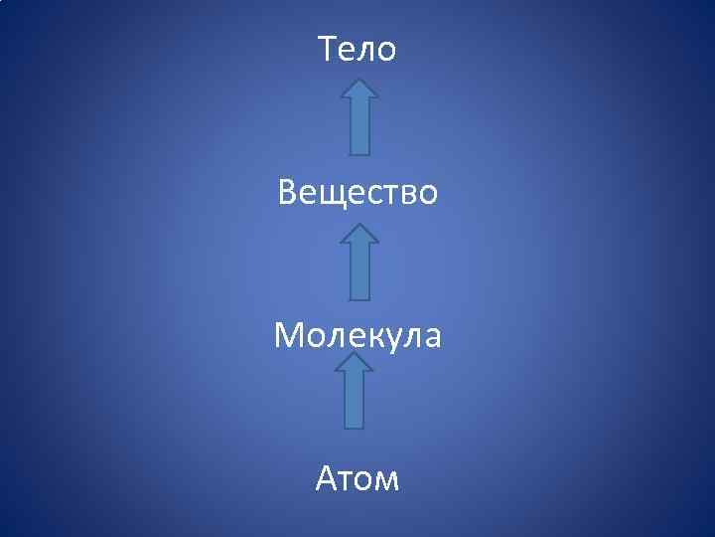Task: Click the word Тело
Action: (x=357, y=49)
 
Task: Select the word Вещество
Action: (x=357, y=192)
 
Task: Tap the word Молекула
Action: (x=357, y=336)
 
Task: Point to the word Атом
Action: (x=357, y=480)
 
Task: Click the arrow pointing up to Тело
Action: (x=359, y=117)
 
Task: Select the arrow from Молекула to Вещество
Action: (x=359, y=262)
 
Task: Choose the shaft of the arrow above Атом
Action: (x=355, y=403)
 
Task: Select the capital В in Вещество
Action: (x=289, y=192)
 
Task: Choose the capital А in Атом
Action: (x=328, y=480)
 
